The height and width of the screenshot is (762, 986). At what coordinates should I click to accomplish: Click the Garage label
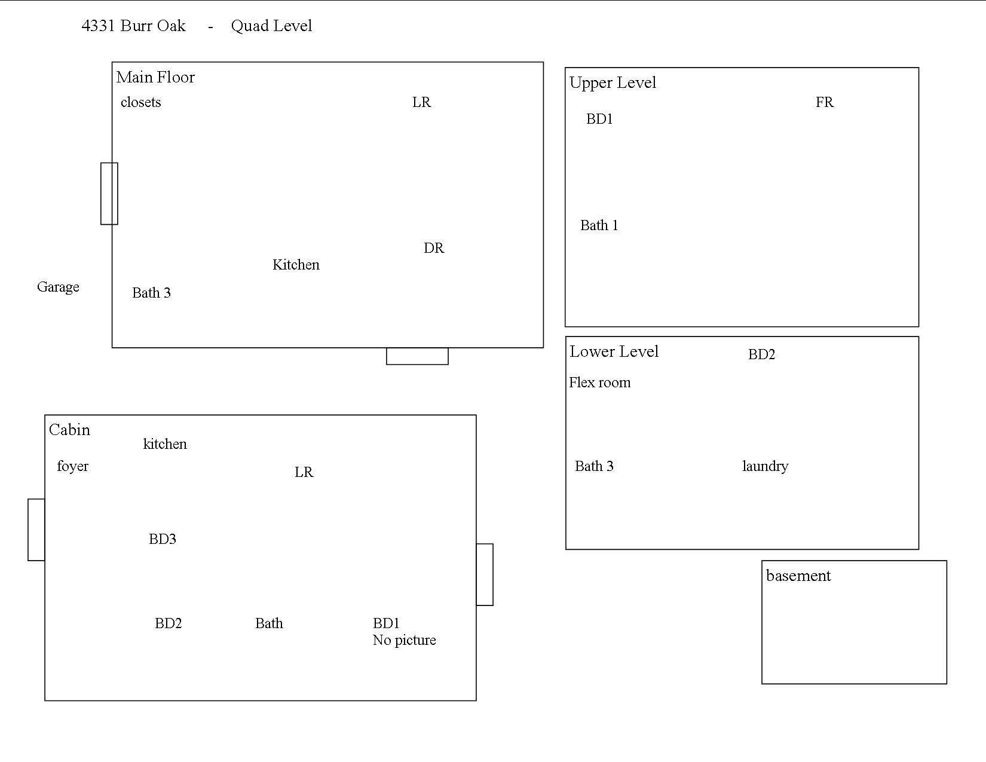click(58, 287)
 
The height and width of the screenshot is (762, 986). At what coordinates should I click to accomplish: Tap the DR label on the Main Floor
click(434, 248)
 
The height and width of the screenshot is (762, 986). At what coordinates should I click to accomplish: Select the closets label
click(140, 102)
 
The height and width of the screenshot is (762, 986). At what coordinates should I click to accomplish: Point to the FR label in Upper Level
click(825, 102)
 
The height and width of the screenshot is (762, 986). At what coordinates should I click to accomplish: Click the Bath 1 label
click(599, 225)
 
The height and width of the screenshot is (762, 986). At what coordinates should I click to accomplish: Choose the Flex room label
click(599, 382)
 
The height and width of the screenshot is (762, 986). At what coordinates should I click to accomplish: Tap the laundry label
click(765, 467)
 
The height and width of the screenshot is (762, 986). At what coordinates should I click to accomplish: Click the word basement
click(798, 576)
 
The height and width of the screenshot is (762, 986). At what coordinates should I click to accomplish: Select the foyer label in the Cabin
click(72, 467)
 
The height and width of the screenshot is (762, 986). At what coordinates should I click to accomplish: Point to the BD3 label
click(163, 538)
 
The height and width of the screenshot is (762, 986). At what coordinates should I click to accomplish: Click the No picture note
click(404, 640)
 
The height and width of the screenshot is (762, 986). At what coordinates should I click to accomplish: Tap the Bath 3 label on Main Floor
click(151, 293)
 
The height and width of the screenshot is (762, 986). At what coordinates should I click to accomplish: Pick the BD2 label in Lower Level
click(761, 354)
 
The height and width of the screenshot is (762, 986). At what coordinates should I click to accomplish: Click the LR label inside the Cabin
click(304, 472)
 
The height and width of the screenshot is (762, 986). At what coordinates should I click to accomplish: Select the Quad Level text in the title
click(271, 26)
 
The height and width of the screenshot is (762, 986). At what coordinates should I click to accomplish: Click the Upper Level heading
click(613, 82)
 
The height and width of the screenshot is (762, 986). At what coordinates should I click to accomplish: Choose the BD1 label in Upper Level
click(599, 119)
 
